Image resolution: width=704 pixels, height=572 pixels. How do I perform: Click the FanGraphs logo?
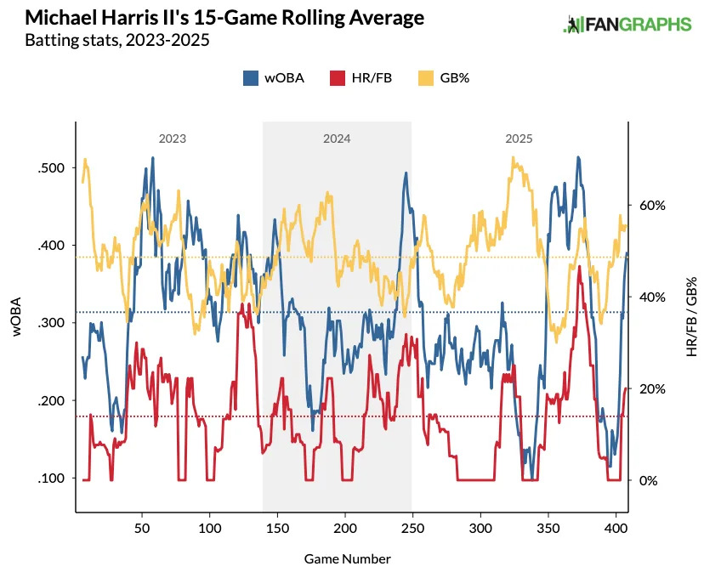(627, 24)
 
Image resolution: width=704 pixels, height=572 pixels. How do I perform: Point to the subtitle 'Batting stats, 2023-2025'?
(117, 40)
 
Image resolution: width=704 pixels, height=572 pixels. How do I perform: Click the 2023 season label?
(173, 138)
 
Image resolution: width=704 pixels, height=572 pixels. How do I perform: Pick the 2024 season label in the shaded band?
(337, 138)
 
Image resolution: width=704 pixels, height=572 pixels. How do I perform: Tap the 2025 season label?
(519, 138)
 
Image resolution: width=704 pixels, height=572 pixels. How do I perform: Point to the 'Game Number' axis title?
(347, 558)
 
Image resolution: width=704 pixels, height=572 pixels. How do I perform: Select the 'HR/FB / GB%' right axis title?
(691, 316)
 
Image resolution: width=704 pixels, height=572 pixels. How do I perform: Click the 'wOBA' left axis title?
(17, 317)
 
